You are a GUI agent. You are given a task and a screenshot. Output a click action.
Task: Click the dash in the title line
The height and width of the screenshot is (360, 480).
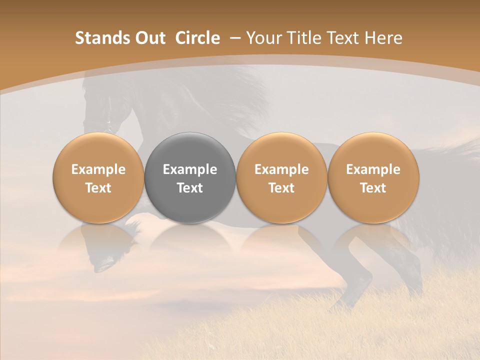coord(234,38)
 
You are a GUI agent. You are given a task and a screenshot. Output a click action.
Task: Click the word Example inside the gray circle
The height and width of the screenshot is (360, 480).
coord(190,169)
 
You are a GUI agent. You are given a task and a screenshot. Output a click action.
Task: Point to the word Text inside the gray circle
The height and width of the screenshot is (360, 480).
coord(190,188)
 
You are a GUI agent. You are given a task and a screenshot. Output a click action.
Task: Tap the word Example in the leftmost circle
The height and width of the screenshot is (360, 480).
coord(98,169)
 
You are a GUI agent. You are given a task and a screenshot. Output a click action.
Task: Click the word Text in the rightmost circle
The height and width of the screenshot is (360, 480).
coord(373,188)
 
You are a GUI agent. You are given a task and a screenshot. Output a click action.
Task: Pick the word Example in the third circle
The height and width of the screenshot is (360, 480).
coord(281,169)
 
